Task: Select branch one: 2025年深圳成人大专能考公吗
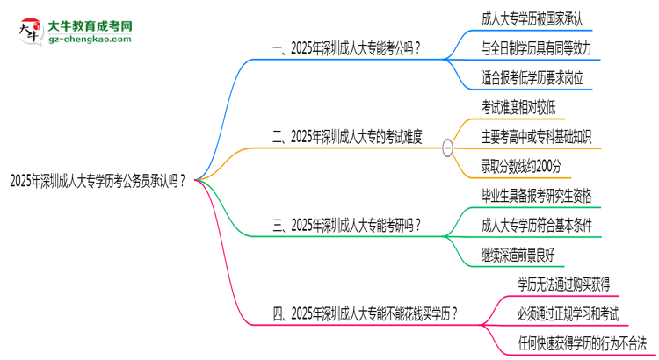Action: click(x=346, y=48)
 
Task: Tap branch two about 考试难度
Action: click(x=348, y=136)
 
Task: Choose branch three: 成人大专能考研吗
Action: click(x=347, y=225)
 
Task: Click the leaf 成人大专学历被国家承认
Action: click(x=531, y=17)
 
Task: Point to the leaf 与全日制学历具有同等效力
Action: click(x=536, y=47)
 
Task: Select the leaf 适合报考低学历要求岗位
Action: click(x=532, y=78)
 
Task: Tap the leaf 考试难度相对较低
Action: click(x=518, y=106)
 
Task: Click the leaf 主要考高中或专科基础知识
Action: click(x=536, y=136)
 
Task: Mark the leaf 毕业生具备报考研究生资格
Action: click(x=536, y=194)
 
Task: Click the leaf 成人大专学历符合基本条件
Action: click(x=536, y=225)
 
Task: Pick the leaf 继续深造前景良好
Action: click(x=518, y=255)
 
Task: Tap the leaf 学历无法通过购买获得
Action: click(x=564, y=283)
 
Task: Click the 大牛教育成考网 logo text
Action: click(x=89, y=25)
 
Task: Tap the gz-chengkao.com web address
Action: click(x=88, y=40)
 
